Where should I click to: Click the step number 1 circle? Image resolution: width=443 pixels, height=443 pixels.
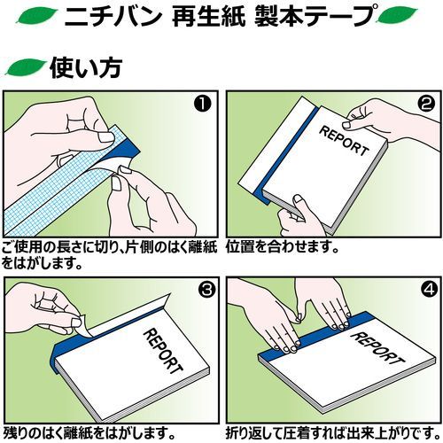pos(203,105)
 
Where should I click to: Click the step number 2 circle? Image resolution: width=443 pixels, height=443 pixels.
pos(426,105)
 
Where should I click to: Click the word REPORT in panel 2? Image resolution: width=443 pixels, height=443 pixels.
pos(344,141)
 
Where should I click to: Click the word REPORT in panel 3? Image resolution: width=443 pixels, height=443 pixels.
pos(163,351)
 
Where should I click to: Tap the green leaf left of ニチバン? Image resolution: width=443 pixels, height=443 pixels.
pos(36,16)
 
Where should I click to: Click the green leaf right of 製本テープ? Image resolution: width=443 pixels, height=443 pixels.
pos(397,15)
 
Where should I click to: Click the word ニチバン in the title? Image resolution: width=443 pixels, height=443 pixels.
pos(112,16)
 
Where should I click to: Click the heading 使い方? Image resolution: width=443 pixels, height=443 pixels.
pos(86,67)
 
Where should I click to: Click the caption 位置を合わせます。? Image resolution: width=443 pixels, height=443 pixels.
pos(282,247)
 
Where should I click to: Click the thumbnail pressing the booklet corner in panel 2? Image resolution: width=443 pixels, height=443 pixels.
pos(298,201)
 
